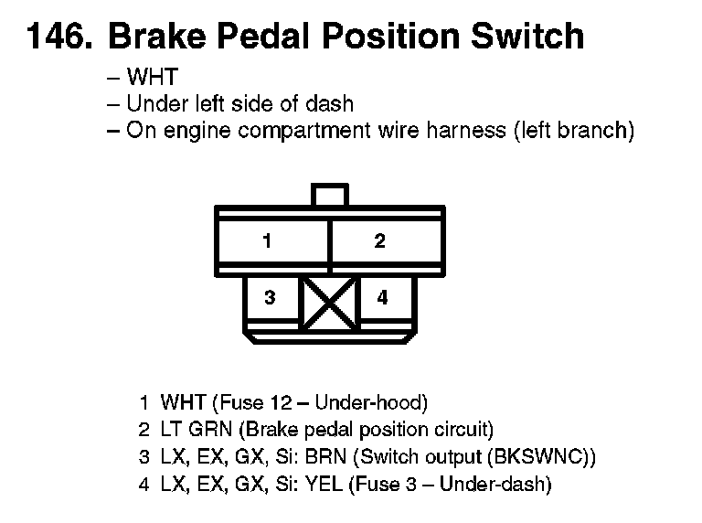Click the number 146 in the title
point(57,37)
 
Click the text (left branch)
point(574,130)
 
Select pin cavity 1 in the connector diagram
point(267,242)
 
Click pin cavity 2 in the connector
point(379,242)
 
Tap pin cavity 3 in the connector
point(270,297)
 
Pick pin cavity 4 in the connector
point(382,297)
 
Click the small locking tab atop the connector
point(328,195)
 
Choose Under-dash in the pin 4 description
point(493,484)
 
